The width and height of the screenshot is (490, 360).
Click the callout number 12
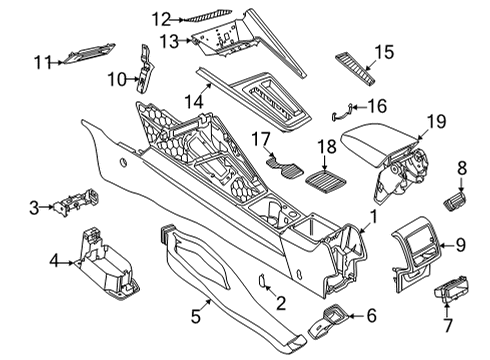(162, 19)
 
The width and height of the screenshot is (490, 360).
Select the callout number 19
(436, 121)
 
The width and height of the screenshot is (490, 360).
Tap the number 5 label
(196, 316)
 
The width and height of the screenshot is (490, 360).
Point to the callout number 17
(260, 139)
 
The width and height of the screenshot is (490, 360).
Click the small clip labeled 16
(341, 112)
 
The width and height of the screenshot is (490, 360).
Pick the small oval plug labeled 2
(262, 281)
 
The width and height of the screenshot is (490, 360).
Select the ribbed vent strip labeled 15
(355, 69)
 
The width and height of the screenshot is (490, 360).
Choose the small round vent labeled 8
(455, 201)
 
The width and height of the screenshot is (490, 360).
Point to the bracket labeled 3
(76, 202)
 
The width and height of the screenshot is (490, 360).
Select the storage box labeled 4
(107, 265)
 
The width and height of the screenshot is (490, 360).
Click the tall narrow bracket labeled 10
(145, 68)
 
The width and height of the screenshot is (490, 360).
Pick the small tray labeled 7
(451, 289)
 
